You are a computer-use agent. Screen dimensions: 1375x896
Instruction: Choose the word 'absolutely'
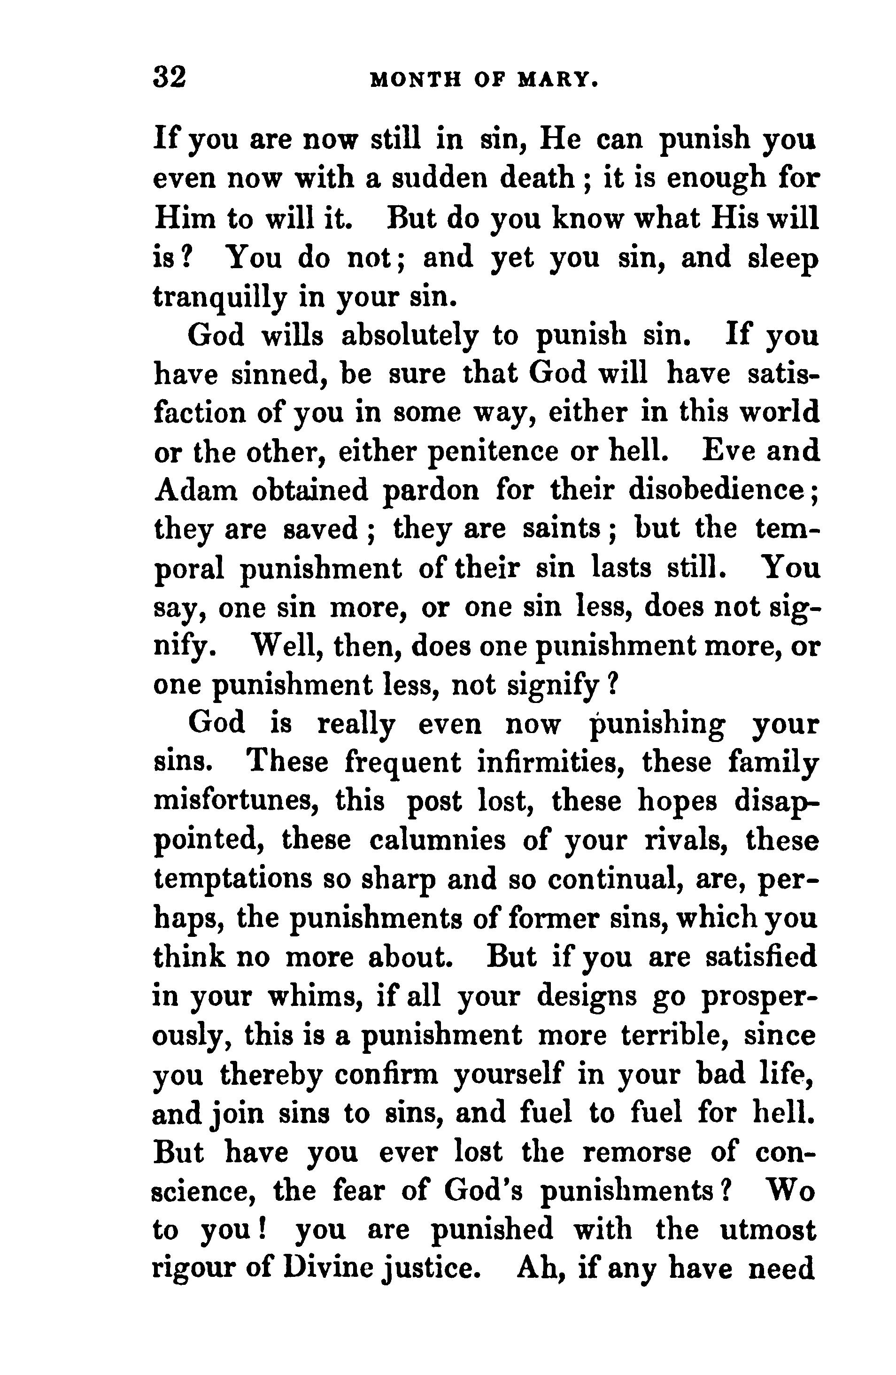pos(409,336)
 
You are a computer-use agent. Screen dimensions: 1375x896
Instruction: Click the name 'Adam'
pos(196,490)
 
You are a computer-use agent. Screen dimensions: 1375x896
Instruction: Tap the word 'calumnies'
pos(437,841)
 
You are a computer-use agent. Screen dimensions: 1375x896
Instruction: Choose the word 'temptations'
pos(233,879)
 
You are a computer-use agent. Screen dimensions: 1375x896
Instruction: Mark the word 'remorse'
pos(637,1152)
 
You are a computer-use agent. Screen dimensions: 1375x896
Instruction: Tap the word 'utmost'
pos(768,1230)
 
